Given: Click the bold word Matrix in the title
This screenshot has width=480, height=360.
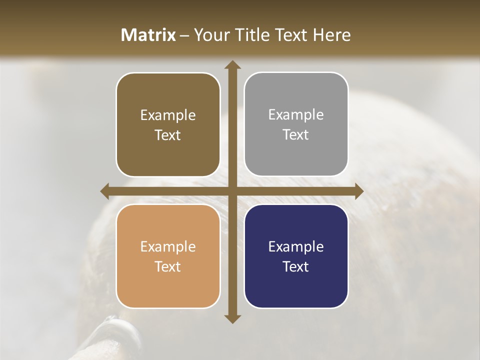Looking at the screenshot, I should [148, 35].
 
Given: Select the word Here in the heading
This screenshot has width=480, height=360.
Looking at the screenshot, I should [331, 35].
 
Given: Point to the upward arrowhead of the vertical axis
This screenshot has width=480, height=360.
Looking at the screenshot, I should [232, 64].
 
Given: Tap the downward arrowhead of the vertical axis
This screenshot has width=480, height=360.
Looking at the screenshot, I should [232, 318].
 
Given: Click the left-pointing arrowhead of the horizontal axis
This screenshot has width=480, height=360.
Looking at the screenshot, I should [105, 191].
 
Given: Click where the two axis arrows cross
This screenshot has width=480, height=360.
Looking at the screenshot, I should [232, 191].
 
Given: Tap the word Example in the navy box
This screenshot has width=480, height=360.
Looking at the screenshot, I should [296, 246].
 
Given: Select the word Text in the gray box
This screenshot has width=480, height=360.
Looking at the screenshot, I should [296, 134].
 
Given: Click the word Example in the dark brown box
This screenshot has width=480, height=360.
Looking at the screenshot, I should [168, 115].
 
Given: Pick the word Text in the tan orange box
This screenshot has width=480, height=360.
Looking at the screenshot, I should [168, 266].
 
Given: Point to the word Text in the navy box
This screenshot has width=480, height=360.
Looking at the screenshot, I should [296, 266].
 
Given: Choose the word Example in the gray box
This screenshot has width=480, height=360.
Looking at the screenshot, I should [296, 114].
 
